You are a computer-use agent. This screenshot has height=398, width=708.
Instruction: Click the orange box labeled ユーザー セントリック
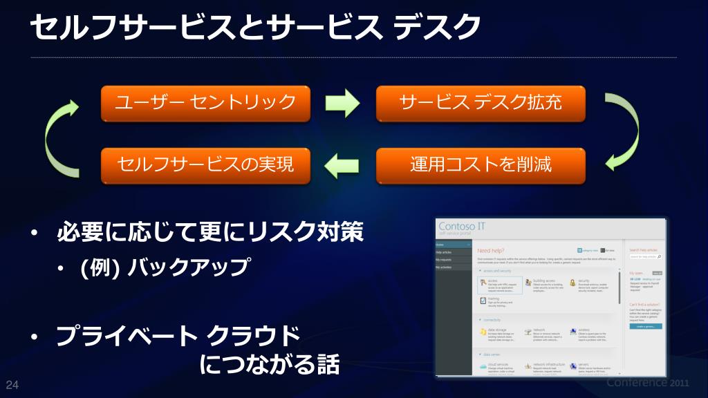coord(205,103)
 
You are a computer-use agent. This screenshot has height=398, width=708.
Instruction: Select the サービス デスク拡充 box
coord(481,103)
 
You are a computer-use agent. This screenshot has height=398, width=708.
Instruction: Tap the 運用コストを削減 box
coord(481,165)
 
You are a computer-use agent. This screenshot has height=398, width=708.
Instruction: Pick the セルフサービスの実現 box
coord(205,165)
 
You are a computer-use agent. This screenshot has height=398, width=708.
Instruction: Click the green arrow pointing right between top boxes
coord(343,104)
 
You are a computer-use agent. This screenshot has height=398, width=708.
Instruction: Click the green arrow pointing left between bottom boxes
coord(343,165)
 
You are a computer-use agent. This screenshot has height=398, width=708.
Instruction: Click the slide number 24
coord(11,385)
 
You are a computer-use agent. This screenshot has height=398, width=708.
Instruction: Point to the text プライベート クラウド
coord(178,337)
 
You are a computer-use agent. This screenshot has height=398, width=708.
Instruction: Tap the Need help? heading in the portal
coord(491,250)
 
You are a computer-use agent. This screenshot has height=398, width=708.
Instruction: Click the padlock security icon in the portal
coord(572,283)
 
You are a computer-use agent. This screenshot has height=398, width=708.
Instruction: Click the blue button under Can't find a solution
coord(645,325)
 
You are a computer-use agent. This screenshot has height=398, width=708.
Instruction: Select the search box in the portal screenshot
coord(645,256)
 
